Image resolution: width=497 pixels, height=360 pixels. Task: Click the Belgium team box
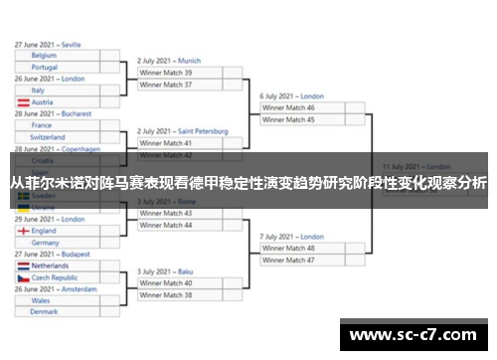(60, 57)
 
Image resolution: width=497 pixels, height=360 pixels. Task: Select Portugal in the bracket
(60, 68)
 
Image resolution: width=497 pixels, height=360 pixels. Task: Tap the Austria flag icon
(23, 102)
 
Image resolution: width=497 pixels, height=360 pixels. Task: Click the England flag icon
(23, 231)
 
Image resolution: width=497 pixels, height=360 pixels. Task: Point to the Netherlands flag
(23, 267)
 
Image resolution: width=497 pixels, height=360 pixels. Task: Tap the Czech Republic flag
(23, 278)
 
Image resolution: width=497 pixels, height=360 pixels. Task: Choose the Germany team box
(60, 243)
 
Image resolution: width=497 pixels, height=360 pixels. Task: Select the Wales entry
(60, 300)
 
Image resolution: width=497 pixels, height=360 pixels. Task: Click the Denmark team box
(60, 312)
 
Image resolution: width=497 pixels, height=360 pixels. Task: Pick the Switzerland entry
(60, 137)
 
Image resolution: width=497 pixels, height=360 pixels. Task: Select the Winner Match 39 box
(180, 73)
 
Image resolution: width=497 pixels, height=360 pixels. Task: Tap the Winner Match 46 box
(302, 107)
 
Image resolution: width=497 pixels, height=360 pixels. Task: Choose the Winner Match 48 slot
(302, 248)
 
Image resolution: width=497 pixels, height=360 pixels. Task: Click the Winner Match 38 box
(180, 294)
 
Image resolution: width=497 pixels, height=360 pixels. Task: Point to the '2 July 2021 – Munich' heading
(169, 61)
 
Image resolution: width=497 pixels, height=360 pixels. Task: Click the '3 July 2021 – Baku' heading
(165, 271)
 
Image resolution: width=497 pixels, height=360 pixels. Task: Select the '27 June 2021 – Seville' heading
(48, 45)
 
